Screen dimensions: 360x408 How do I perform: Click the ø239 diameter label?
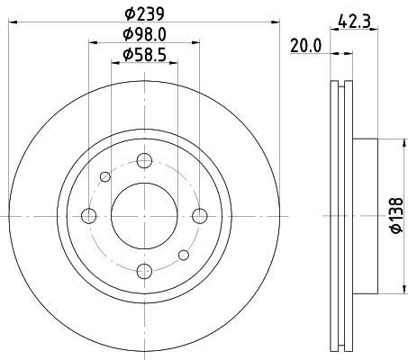(x=144, y=13)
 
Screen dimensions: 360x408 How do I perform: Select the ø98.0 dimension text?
(x=144, y=34)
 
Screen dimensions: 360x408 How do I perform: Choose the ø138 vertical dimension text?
(x=395, y=216)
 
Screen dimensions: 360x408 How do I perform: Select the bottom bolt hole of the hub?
(x=143, y=269)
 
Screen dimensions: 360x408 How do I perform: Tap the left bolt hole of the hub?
(x=89, y=215)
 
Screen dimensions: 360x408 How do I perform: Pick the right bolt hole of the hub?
(x=197, y=215)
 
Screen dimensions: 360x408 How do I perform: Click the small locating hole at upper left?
(x=106, y=176)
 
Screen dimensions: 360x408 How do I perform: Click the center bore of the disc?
(x=143, y=215)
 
